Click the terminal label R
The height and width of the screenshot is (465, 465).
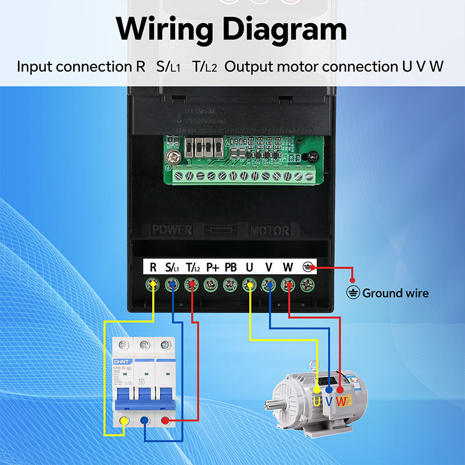coord(153,267)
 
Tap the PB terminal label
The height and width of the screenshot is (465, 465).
coord(231,267)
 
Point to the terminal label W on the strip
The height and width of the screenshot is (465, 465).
coord(288,267)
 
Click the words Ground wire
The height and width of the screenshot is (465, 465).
coord(395,293)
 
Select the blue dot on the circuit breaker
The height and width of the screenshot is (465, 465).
coord(144,421)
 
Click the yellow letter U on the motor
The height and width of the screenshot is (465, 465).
coord(317,401)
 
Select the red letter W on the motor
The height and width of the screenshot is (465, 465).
coord(342,401)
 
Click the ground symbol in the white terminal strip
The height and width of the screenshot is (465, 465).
coord(308,267)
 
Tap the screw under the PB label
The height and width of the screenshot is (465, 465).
coord(231,285)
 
